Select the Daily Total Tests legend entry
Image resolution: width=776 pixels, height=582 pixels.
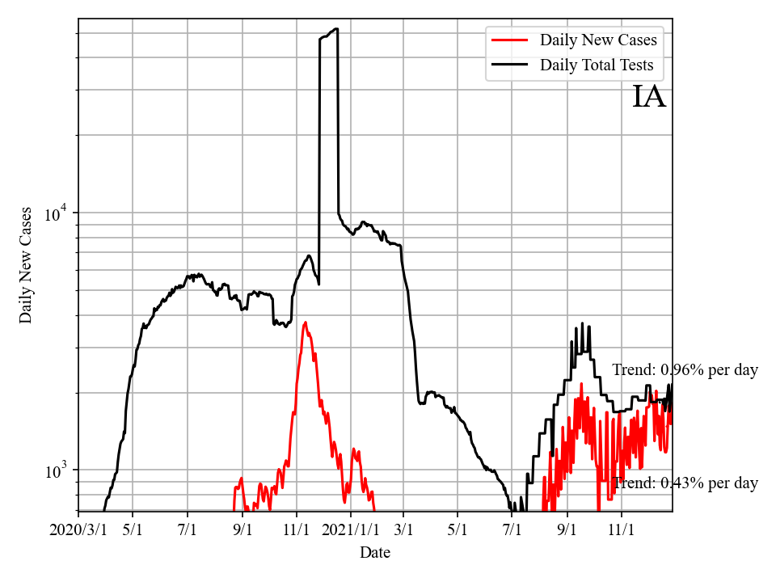(x=597, y=65)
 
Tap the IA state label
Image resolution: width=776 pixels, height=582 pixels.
(x=648, y=97)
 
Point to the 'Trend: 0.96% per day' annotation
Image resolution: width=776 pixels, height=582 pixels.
(x=685, y=370)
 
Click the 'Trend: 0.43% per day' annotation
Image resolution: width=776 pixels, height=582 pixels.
(x=685, y=483)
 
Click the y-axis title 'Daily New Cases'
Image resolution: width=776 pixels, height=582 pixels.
(x=26, y=265)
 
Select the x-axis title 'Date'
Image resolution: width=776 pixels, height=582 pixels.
(x=375, y=553)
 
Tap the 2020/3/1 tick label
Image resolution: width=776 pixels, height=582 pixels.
(x=78, y=530)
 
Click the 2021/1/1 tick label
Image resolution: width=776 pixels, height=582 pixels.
(x=351, y=530)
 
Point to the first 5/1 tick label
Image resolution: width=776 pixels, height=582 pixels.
(x=133, y=530)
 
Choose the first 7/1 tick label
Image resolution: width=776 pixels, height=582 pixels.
(x=188, y=530)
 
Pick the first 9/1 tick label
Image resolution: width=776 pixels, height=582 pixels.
(x=242, y=530)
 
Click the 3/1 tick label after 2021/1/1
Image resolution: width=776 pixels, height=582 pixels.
(x=403, y=530)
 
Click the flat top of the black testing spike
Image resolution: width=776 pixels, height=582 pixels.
(x=329, y=34)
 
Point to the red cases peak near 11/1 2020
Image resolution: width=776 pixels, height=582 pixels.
(x=305, y=323)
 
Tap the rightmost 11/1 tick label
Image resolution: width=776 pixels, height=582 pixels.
(x=621, y=530)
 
